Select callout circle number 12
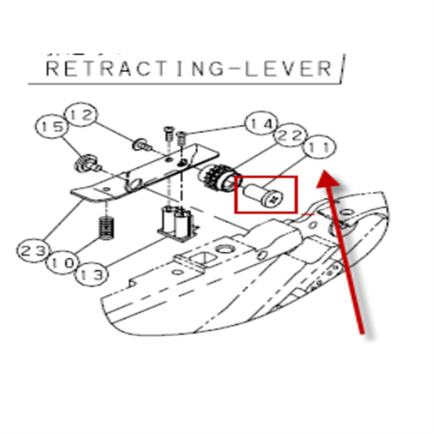pyautogui.click(x=81, y=115)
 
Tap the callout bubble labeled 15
pyautogui.click(x=52, y=128)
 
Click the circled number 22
pyautogui.click(x=292, y=136)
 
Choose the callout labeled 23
pyautogui.click(x=33, y=251)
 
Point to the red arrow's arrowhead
pyautogui.click(x=327, y=180)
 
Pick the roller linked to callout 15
pyautogui.click(x=85, y=163)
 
